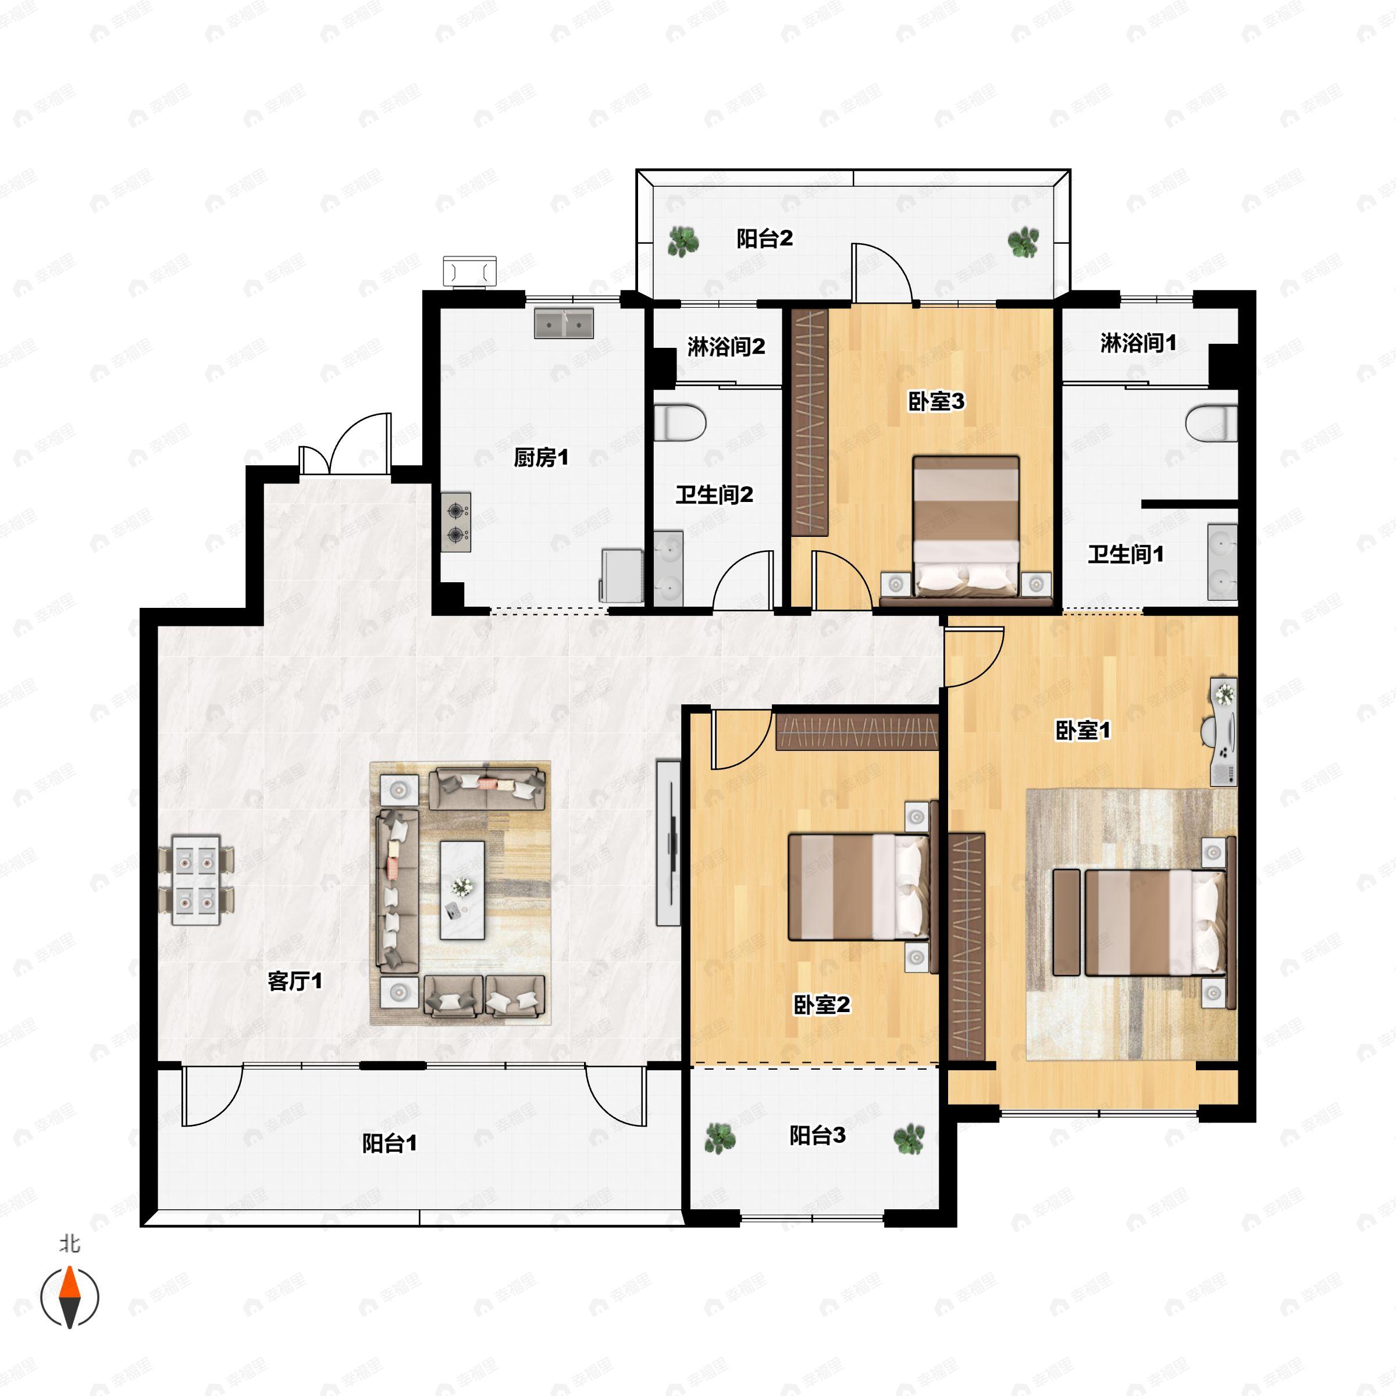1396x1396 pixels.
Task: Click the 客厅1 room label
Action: [x=295, y=981]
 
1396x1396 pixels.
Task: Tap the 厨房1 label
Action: [x=540, y=457]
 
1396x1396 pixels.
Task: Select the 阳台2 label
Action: [x=764, y=238]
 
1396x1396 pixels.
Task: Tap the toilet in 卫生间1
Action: [x=1212, y=424]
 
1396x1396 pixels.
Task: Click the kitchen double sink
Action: [x=564, y=324]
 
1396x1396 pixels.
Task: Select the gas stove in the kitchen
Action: [x=456, y=522]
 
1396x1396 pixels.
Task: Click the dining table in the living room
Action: [x=196, y=880]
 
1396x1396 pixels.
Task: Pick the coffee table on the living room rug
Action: [x=462, y=889]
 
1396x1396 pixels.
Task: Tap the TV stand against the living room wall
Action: [x=668, y=842]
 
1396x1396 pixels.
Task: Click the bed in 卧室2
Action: [x=860, y=886]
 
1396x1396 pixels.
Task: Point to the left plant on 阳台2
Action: [x=683, y=241]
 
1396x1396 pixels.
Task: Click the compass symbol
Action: [x=69, y=1297]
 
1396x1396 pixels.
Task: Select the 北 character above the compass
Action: [x=69, y=1244]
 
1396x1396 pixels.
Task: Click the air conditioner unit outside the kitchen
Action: [x=469, y=272]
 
